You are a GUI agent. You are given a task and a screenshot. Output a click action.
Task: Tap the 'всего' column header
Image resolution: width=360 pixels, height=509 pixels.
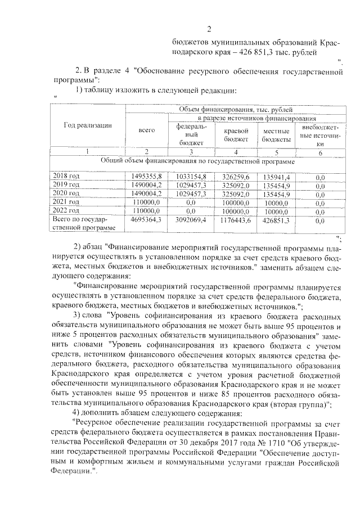click(x=146, y=130)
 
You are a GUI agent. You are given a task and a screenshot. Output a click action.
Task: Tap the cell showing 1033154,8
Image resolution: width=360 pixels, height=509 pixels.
click(x=191, y=176)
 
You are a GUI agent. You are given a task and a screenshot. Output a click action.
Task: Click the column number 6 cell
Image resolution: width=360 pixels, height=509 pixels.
click(x=320, y=152)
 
